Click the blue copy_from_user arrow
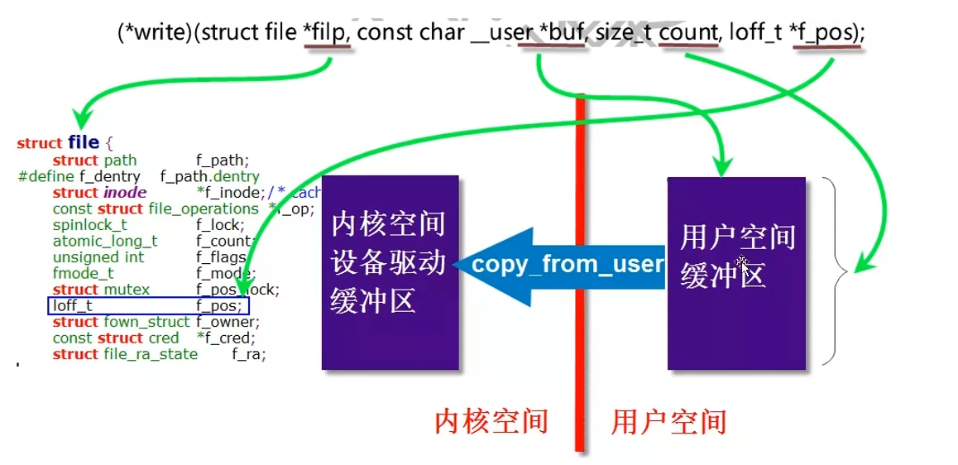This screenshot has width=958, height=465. [x=563, y=264]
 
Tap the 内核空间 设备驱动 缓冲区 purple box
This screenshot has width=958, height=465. [x=390, y=272]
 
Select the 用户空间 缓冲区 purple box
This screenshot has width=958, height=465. [x=736, y=272]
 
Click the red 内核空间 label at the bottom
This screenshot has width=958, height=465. [x=491, y=422]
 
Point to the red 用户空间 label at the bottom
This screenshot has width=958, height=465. [x=668, y=422]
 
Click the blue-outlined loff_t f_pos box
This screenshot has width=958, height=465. [x=147, y=306]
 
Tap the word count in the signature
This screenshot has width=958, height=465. [x=688, y=32]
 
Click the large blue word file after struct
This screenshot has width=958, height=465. [x=84, y=142]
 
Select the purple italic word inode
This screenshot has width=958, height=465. [x=124, y=193]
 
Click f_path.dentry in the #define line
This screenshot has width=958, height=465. [x=209, y=176]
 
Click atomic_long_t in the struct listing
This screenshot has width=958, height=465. [x=105, y=241]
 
